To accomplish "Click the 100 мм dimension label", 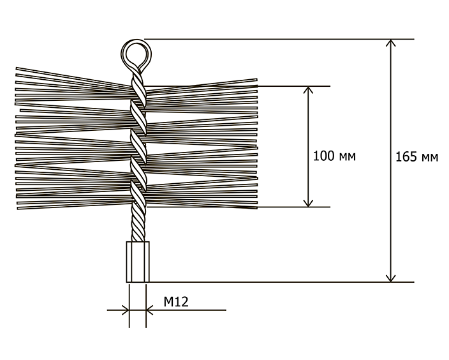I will (335, 156).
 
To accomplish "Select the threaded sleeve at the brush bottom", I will (138, 262).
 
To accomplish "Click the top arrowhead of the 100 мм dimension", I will (308, 91).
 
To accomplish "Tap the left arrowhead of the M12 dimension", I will (124, 310).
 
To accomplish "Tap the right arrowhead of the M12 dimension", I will (151, 310).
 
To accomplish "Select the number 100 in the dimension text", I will (323, 156).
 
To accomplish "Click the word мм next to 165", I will (429, 156).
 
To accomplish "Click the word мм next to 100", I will (346, 156).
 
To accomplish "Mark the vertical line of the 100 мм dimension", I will (308, 128).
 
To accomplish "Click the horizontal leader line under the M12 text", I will (191, 310).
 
